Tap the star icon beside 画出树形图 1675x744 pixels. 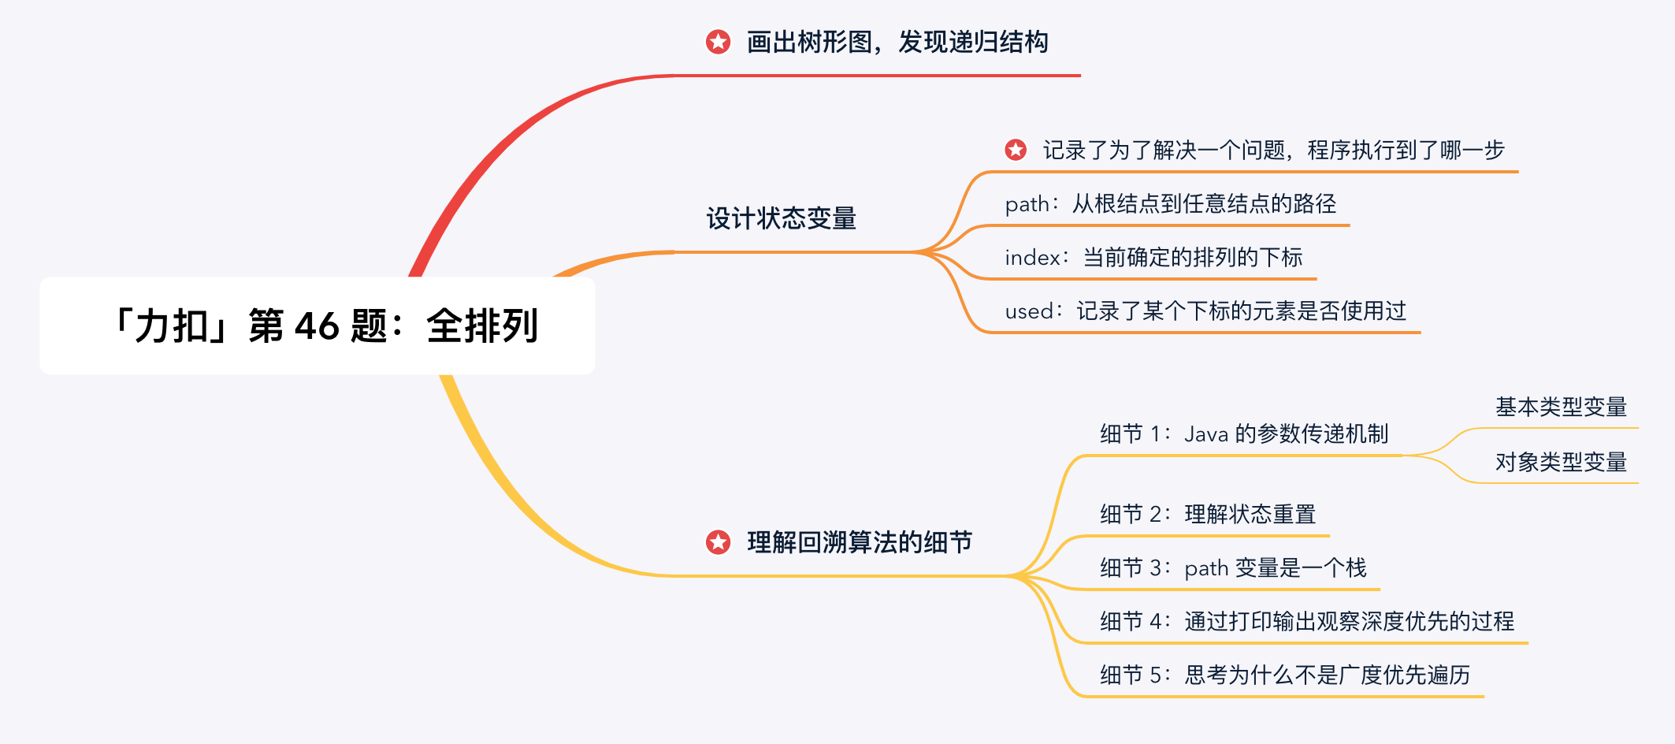718,42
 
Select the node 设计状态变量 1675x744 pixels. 781,218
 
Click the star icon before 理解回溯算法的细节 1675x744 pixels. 718,542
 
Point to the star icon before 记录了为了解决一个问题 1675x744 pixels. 1016,150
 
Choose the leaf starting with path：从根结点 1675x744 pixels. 1170,204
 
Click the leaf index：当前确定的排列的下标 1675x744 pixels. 1153,258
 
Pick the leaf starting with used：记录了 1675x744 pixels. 1205,311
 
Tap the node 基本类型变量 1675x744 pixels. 1561,407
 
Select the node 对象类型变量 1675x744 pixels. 1561,462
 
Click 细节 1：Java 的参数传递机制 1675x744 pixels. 1243,434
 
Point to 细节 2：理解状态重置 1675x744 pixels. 1207,515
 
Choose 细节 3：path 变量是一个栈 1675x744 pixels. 1233,568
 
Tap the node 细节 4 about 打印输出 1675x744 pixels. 1306,622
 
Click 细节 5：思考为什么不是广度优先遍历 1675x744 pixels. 1284,675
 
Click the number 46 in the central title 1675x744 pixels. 317,326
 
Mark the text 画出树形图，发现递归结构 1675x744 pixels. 897,42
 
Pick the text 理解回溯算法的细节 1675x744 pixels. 860,542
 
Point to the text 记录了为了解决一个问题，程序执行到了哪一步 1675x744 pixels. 1274,150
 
